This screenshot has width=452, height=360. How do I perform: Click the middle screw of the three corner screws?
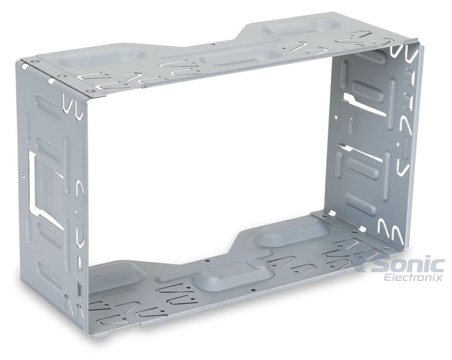(61, 75)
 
